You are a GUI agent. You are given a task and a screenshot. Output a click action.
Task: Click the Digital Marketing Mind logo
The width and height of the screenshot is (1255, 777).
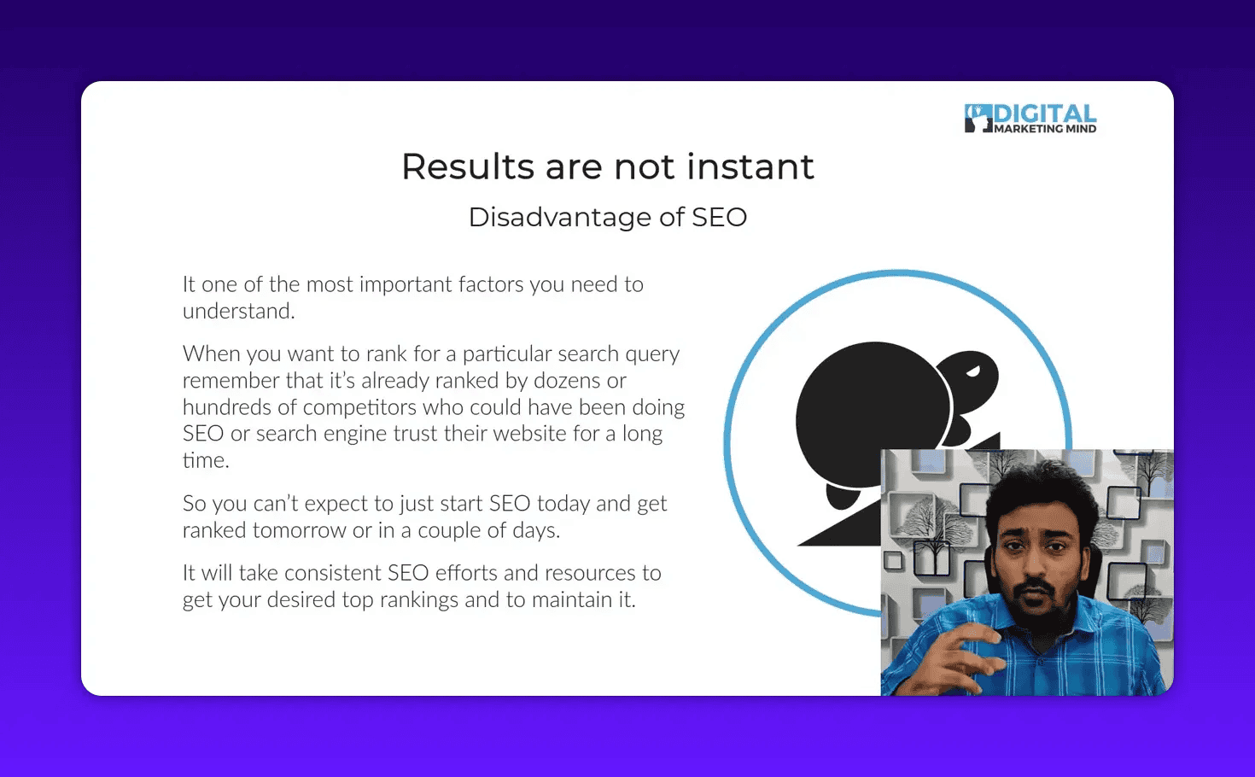pos(1030,119)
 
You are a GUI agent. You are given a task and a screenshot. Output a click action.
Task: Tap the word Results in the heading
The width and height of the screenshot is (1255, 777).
pos(467,166)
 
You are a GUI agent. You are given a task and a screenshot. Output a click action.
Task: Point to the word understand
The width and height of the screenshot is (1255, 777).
pos(237,312)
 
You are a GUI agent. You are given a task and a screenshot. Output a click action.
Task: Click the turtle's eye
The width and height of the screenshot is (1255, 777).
pos(973,371)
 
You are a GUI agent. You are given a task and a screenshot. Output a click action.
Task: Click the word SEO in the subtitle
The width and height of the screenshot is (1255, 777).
pos(719,218)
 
